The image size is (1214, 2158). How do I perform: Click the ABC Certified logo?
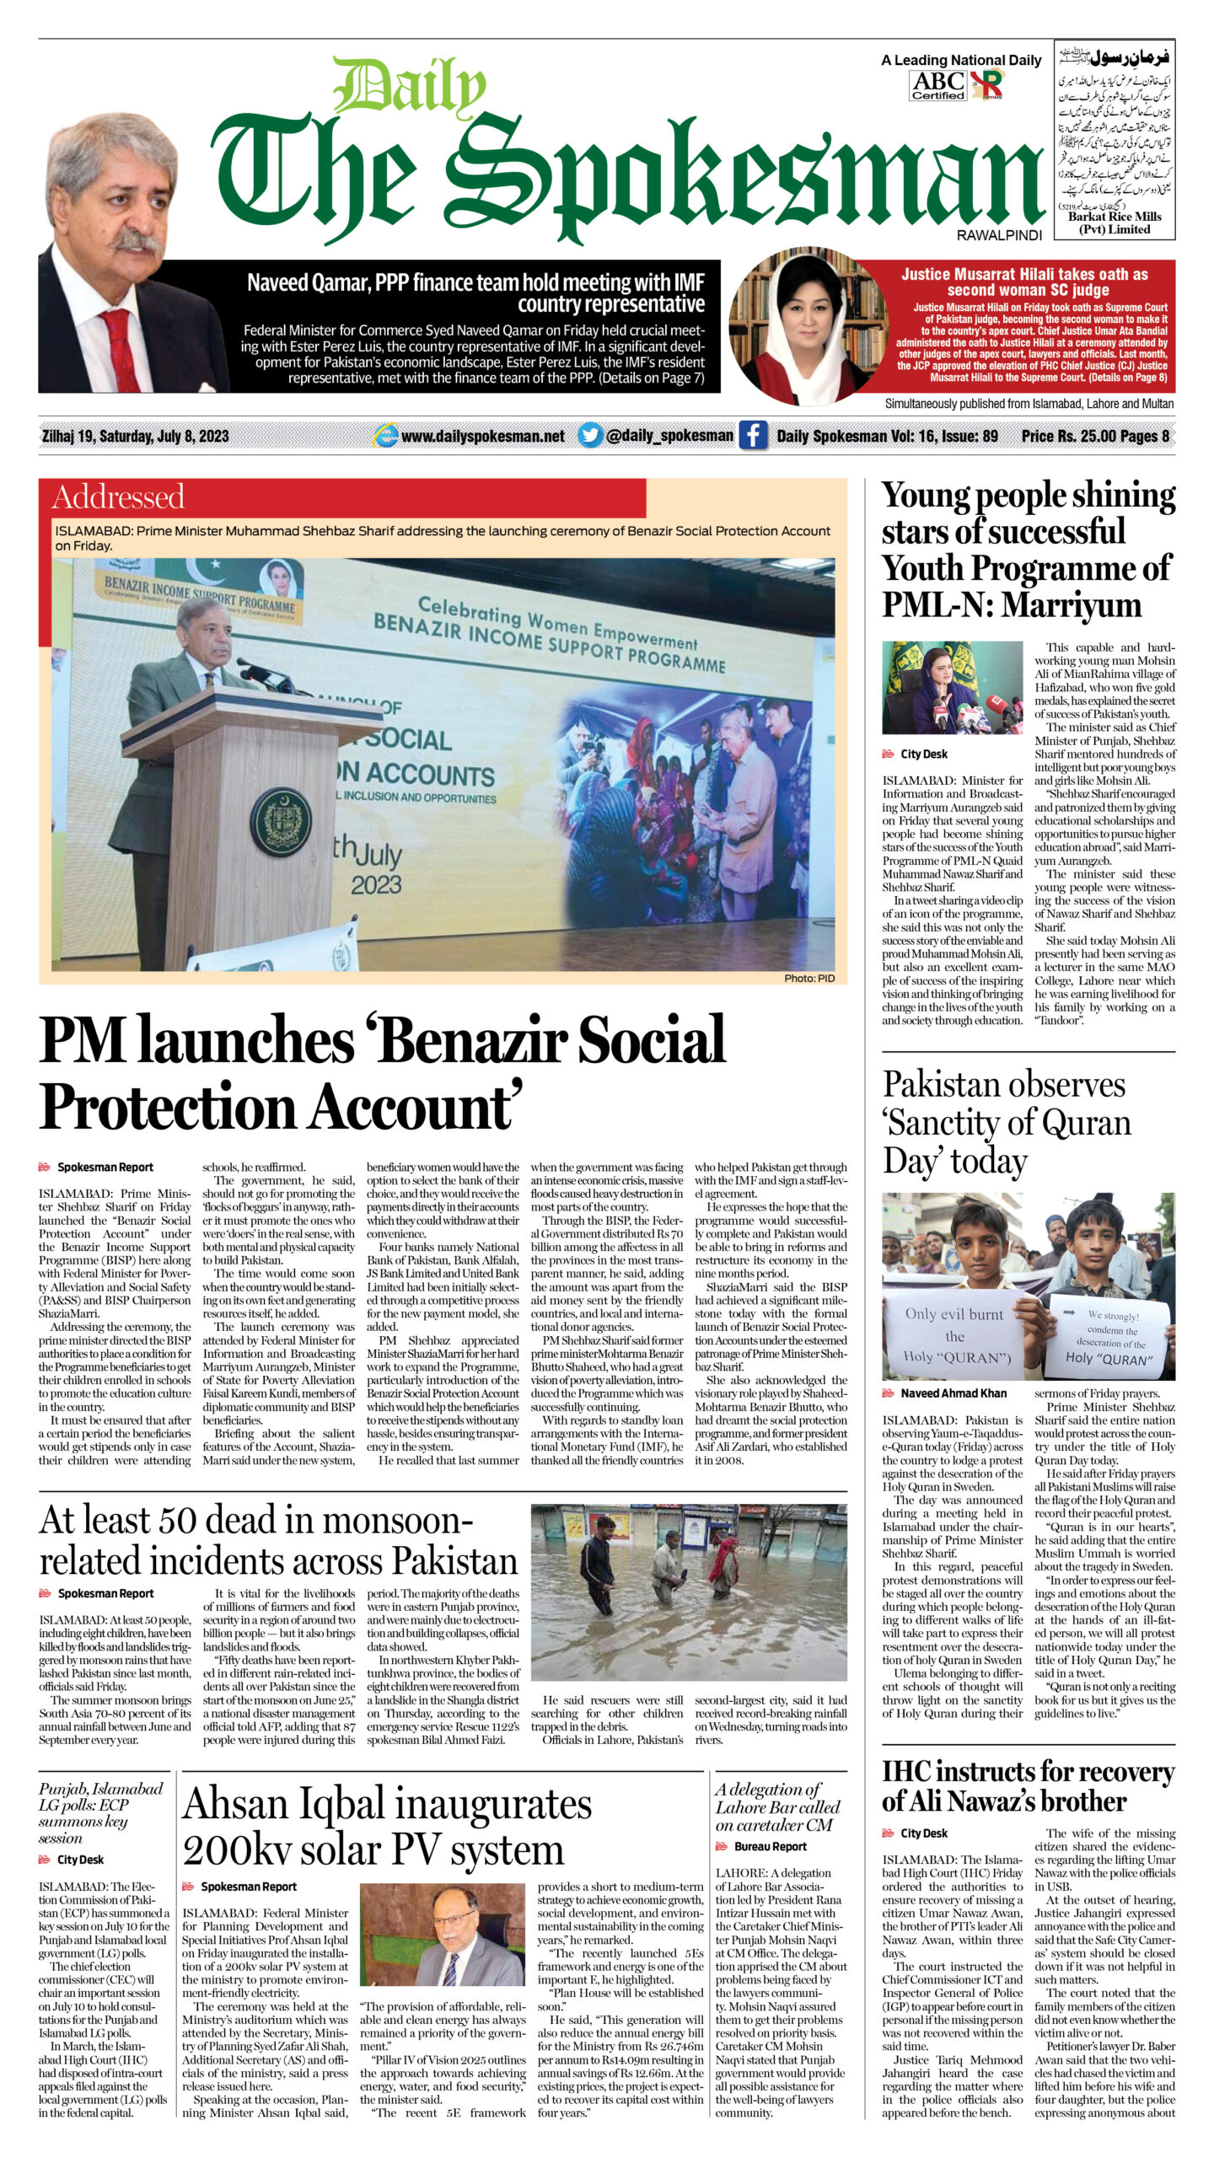point(937,85)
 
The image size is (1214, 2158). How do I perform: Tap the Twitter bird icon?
point(590,435)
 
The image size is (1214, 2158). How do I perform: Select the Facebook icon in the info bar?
point(753,436)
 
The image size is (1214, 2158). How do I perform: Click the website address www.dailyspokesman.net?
point(482,436)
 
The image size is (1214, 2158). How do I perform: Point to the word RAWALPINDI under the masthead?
point(999,236)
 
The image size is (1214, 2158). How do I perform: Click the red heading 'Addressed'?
point(118,497)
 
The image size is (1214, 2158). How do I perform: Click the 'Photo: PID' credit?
point(808,978)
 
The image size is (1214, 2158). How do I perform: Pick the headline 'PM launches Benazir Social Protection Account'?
point(382,1072)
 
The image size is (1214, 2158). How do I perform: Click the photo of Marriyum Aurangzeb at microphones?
point(952,687)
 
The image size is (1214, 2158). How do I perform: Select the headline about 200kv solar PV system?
point(387,1827)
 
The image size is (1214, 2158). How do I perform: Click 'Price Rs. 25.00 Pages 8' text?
point(1094,436)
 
